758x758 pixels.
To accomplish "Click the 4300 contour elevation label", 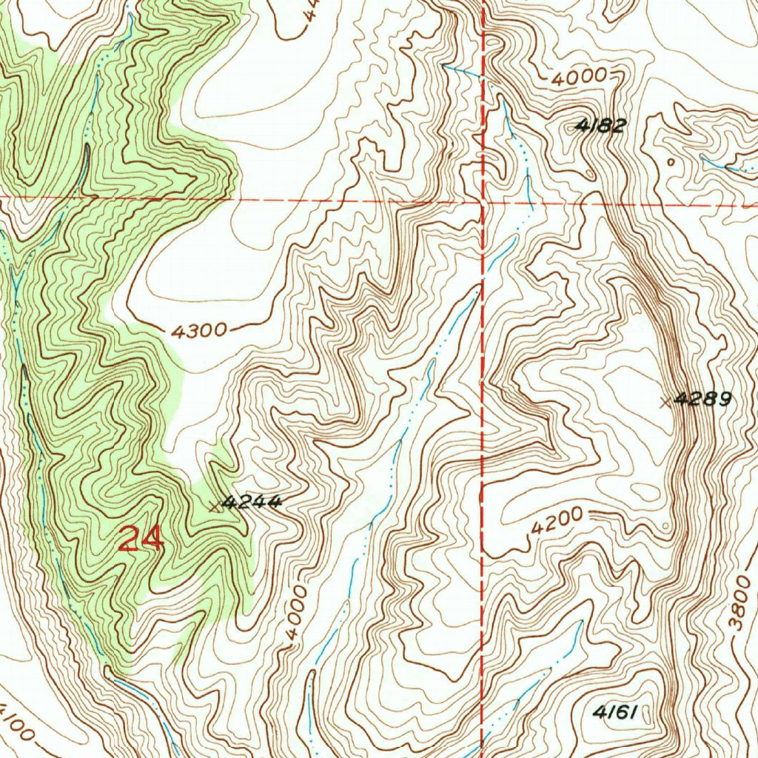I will (x=198, y=331).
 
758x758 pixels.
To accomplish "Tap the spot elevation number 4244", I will (x=252, y=502).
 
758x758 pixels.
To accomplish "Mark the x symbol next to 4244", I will (x=215, y=506).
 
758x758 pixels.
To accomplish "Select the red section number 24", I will (x=140, y=540).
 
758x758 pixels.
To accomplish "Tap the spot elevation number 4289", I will (x=704, y=400).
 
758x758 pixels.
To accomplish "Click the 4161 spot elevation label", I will (x=614, y=712).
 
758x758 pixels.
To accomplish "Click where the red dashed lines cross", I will (x=483, y=200).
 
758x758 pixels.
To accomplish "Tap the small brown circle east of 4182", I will (x=671, y=161).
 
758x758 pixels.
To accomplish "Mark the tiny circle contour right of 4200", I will (x=667, y=526).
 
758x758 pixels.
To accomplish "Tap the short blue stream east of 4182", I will (x=725, y=167).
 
